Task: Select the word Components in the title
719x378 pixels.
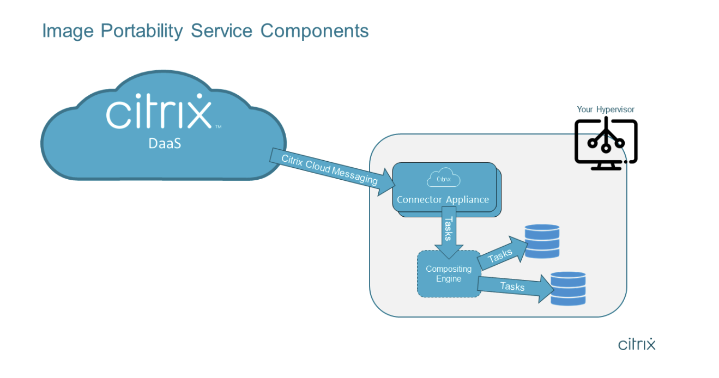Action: pyautogui.click(x=315, y=31)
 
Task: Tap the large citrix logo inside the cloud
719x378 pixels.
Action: pyautogui.click(x=159, y=112)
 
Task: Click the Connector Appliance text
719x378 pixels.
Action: pyautogui.click(x=443, y=199)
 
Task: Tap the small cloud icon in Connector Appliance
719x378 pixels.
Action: pyautogui.click(x=443, y=178)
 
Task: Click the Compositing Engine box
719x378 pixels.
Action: pyautogui.click(x=449, y=274)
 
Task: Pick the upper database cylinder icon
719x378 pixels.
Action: pyautogui.click(x=542, y=241)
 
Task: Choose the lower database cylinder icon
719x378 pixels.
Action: pyautogui.click(x=567, y=289)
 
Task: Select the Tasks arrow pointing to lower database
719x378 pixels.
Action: pyautogui.click(x=512, y=286)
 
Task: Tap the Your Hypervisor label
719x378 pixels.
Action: pyautogui.click(x=605, y=109)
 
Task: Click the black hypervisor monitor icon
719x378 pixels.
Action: pyautogui.click(x=606, y=143)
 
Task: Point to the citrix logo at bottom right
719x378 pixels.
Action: pyautogui.click(x=637, y=344)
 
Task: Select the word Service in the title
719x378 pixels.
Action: pyautogui.click(x=221, y=31)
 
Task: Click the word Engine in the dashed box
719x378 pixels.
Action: pyautogui.click(x=448, y=279)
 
